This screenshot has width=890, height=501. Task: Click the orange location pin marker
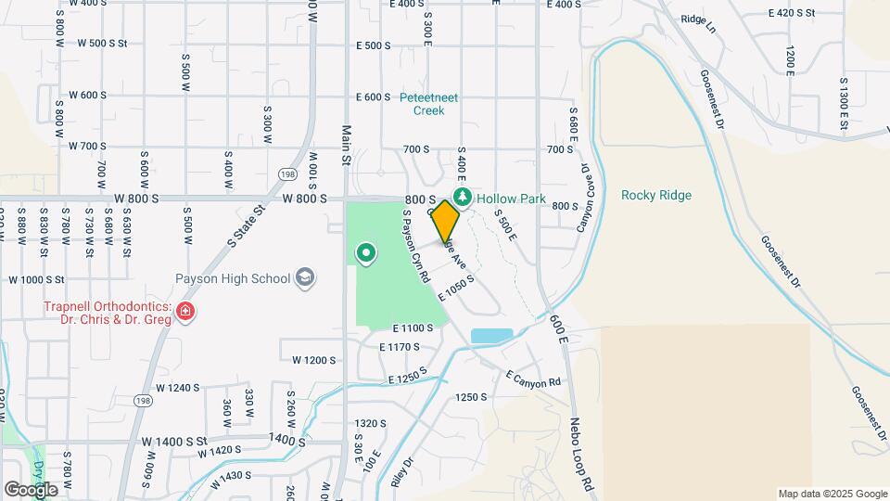[x=445, y=222]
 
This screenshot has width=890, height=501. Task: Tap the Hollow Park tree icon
[x=462, y=197]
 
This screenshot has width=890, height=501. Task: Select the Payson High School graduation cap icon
[x=305, y=277]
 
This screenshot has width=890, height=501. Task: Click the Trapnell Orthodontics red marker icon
[x=186, y=310]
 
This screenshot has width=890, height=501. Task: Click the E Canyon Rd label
[x=533, y=380]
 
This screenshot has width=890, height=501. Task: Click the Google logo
[x=31, y=489]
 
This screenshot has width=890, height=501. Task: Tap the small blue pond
[x=490, y=336]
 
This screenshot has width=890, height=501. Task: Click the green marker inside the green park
[x=366, y=251]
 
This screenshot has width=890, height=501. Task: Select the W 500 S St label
[x=115, y=44]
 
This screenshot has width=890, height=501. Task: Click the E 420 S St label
[x=791, y=13]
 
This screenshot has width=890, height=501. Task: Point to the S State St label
[x=246, y=224]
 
